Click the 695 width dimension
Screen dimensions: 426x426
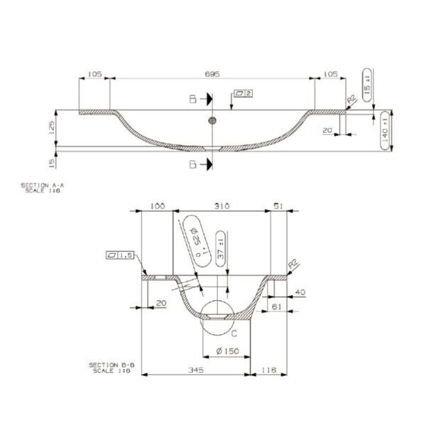(x=212, y=74)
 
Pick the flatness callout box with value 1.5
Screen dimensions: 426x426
(x=121, y=255)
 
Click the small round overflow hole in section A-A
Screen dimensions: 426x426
(x=211, y=121)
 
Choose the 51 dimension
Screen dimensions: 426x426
(x=280, y=206)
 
